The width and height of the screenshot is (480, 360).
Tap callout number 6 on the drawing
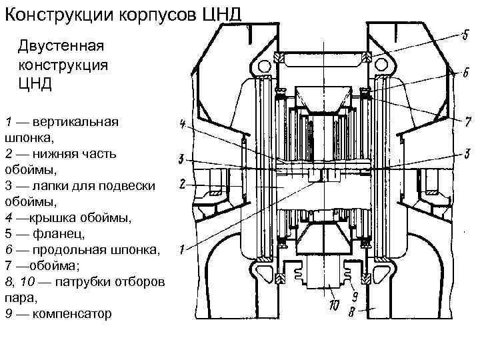tap(465, 75)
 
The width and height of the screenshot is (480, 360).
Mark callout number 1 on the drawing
tap(181, 249)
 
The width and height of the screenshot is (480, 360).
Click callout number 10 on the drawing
tap(334, 307)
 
